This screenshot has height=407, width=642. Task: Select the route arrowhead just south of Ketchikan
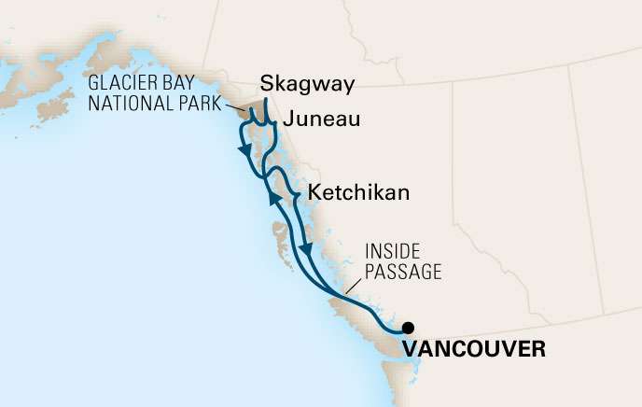(306, 249)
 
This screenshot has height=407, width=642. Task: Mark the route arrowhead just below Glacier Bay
(244, 150)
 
